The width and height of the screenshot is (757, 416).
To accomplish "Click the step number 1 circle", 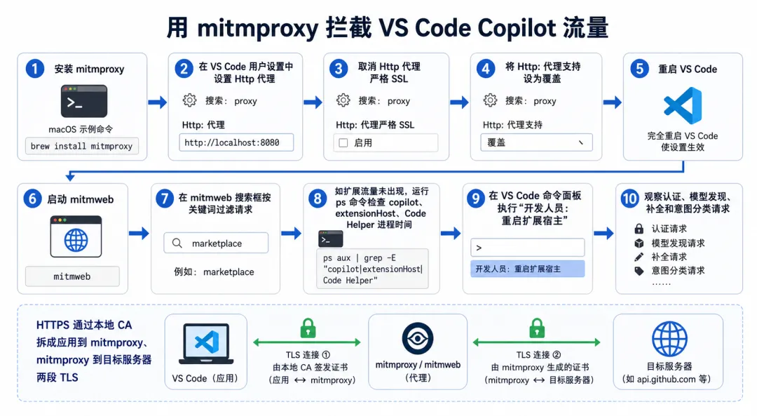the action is click(x=35, y=69).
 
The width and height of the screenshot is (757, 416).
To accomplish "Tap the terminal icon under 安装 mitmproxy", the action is click(x=84, y=101).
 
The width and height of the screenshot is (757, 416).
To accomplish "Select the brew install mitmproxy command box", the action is click(x=81, y=146).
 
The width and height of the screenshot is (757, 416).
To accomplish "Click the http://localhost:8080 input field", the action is click(x=236, y=142).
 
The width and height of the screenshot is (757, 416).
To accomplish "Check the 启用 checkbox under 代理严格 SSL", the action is click(x=343, y=143).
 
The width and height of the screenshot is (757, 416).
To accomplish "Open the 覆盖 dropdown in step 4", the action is click(x=536, y=142).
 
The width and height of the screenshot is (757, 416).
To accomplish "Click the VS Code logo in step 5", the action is click(x=683, y=105).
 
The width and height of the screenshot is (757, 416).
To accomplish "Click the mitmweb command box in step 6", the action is click(x=72, y=276).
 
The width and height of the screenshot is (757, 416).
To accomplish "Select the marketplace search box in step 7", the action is click(x=216, y=243).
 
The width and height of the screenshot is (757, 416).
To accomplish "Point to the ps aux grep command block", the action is click(x=372, y=269).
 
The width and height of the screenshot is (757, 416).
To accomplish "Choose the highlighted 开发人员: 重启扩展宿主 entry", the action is click(x=527, y=269).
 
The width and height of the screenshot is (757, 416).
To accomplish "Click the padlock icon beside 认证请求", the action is click(x=639, y=229).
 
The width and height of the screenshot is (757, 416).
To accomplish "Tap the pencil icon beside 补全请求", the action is click(x=639, y=257).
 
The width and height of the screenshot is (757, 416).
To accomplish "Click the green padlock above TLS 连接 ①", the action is click(x=308, y=328).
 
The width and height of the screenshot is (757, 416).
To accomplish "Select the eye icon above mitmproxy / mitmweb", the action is click(x=418, y=339).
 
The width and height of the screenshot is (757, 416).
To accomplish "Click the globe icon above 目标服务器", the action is click(x=669, y=339).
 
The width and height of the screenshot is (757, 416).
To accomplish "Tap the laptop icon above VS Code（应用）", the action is click(x=206, y=344).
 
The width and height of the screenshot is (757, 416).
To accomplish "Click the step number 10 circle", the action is click(x=629, y=199).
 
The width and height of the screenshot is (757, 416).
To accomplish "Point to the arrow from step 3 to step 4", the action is click(x=459, y=102).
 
